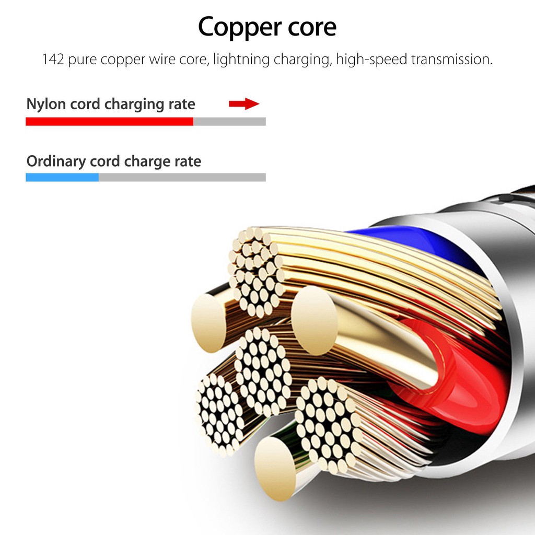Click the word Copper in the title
237,27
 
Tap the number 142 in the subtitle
53,59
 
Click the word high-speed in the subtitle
371,59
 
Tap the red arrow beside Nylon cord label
244,104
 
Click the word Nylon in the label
46,104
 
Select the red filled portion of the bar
109,122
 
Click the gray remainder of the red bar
229,122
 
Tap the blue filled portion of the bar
62,178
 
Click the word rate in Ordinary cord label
187,161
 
